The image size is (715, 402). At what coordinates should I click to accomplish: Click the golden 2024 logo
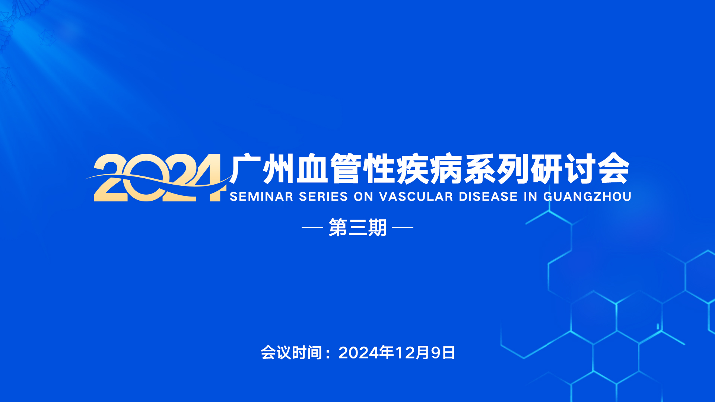156,178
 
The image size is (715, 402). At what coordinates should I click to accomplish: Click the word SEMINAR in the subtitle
261,197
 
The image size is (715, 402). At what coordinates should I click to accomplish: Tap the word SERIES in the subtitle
323,197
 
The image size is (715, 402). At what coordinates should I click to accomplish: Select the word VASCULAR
416,197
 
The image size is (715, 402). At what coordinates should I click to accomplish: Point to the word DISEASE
488,197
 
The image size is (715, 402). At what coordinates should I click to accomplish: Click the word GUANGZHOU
587,197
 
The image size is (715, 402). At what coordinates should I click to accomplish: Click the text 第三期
357,227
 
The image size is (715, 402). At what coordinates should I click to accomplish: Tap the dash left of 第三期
312,227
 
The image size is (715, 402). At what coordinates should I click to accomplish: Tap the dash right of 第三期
403,227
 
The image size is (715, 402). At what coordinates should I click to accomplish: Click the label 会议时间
291,352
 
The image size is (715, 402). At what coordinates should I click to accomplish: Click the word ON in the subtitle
363,197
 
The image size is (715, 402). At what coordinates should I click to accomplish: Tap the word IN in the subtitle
531,197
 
